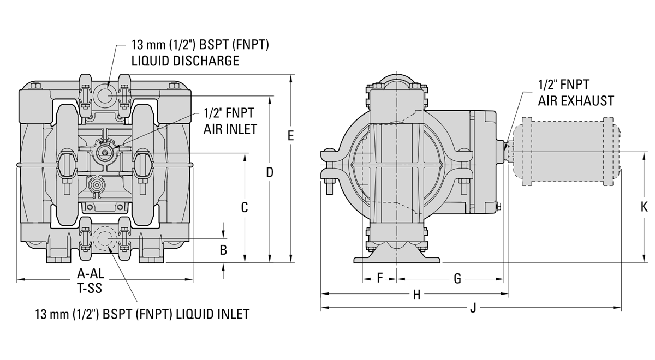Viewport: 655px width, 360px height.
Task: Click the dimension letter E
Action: tap(291, 136)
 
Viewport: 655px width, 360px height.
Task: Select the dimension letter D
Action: tap(270, 172)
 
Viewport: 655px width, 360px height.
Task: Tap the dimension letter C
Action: tap(245, 207)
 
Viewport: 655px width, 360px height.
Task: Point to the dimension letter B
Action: tap(223, 250)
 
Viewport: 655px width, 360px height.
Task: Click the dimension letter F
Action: tap(380, 279)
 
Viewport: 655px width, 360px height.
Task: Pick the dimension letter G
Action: tap(457, 279)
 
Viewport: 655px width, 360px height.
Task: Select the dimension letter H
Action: tap(416, 295)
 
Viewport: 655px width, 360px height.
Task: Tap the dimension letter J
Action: tap(473, 308)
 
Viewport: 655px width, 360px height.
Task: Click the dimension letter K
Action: tap(644, 207)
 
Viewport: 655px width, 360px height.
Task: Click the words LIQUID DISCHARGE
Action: tap(185, 61)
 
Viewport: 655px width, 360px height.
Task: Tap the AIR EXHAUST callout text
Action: tap(576, 101)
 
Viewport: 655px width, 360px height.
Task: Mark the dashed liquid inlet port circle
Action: tap(103, 238)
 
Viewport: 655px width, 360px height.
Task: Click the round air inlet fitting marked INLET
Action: tap(104, 152)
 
